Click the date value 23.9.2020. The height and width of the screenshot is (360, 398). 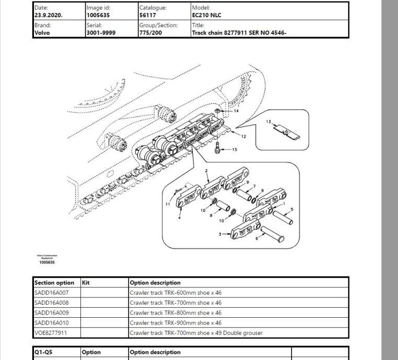48,16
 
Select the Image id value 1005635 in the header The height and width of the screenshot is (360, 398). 98,16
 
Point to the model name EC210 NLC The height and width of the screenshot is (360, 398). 206,16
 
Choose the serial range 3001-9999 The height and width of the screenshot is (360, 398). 101,32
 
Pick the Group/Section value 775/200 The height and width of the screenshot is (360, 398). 150,32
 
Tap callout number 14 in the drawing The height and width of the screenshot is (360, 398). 236,111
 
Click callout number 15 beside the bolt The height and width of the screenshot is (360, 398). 235,150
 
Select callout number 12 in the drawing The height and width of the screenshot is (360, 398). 243,137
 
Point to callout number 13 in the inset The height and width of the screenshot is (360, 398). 268,122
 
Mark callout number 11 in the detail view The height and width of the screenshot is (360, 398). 168,204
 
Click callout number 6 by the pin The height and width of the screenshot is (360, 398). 256,239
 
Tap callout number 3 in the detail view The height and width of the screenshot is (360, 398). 220,234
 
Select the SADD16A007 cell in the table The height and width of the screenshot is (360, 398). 51,293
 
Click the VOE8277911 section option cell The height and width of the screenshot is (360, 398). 51,332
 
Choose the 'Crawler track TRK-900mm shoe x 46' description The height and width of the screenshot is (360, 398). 175,322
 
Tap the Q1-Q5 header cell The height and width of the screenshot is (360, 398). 43,352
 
